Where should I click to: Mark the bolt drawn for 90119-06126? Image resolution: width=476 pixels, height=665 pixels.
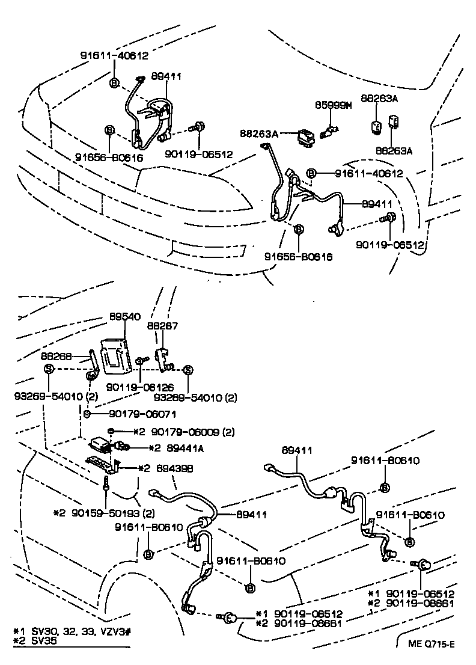140,360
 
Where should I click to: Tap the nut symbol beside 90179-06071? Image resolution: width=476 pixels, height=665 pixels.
87,414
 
